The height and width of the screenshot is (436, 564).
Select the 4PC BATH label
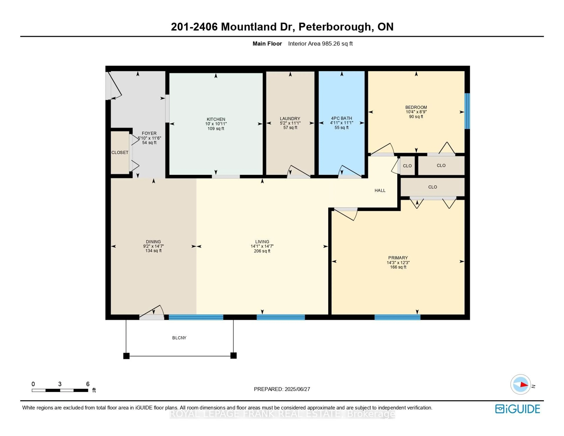341,118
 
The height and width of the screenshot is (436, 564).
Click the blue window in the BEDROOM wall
467,111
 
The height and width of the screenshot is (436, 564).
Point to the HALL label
380,190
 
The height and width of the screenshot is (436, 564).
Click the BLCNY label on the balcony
179,338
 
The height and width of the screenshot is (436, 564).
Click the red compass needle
524,385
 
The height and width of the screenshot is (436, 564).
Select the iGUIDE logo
518,409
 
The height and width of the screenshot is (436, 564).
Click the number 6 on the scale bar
88,384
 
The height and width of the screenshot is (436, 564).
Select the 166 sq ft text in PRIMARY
398,267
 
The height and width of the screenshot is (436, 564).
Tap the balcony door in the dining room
152,314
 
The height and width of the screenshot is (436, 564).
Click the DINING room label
153,242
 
